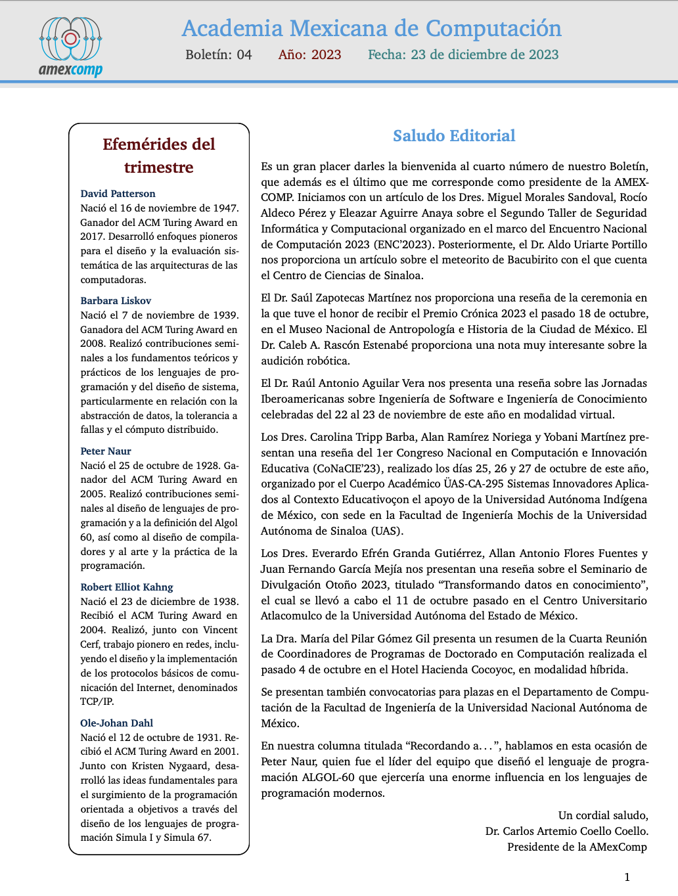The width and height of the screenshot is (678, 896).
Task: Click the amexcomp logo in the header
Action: (70, 47)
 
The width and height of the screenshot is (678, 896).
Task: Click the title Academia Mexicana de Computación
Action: (371, 29)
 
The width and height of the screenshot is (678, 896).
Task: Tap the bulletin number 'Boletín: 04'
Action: (218, 55)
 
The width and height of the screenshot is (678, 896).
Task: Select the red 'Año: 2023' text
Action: (309, 55)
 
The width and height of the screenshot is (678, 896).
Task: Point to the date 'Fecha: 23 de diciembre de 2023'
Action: (463, 55)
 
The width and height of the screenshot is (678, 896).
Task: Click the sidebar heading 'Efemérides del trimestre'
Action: (159, 156)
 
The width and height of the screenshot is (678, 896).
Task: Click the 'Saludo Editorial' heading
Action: (454, 136)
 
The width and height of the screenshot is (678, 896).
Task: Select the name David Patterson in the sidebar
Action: (118, 194)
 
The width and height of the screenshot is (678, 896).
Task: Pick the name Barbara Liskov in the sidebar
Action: (116, 301)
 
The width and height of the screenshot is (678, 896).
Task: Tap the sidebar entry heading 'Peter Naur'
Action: (106, 451)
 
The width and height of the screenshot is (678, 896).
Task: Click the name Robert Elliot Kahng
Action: (127, 587)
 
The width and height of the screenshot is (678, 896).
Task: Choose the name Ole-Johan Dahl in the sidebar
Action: (116, 723)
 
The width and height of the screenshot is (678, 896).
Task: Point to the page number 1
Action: (627, 877)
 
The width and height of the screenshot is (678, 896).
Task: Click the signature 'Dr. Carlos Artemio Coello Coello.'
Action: (566, 832)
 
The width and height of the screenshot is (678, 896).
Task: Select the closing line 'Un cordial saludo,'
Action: (602, 816)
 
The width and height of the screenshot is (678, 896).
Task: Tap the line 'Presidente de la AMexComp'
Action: (577, 847)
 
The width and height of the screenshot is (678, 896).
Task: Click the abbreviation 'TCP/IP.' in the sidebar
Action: (97, 702)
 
